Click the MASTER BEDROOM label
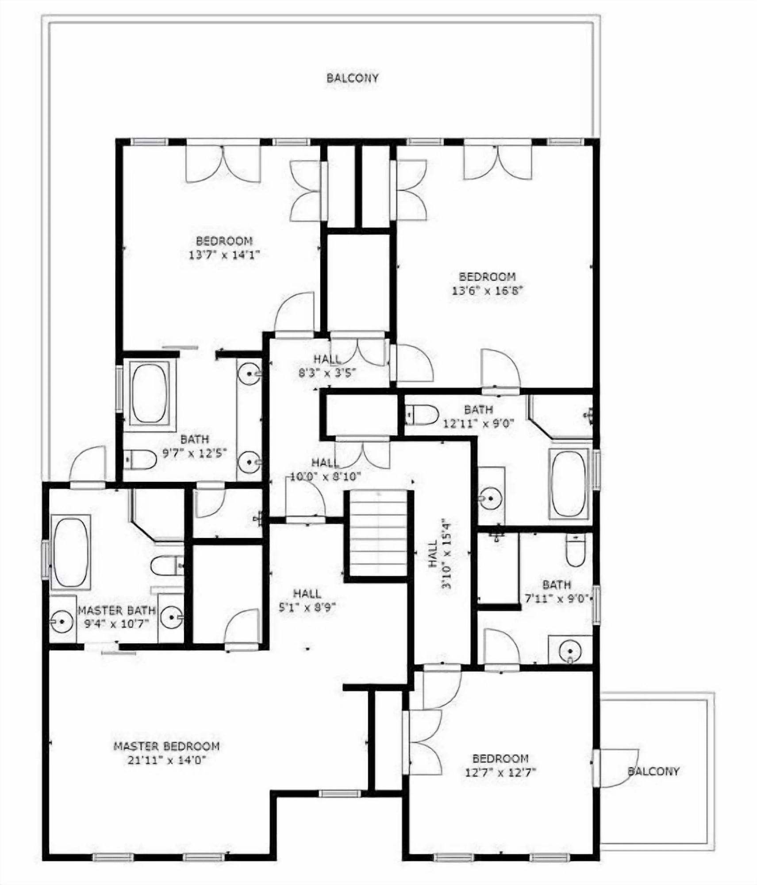coord(166,746)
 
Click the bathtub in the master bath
coord(71,552)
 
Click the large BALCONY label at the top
coord(352,78)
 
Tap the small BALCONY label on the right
coord(653,771)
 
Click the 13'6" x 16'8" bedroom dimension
coord(487,291)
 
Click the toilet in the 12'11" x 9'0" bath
coord(422,415)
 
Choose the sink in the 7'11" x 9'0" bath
coord(569,650)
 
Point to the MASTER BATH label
coord(117,610)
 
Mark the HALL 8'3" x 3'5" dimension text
coord(328,373)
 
